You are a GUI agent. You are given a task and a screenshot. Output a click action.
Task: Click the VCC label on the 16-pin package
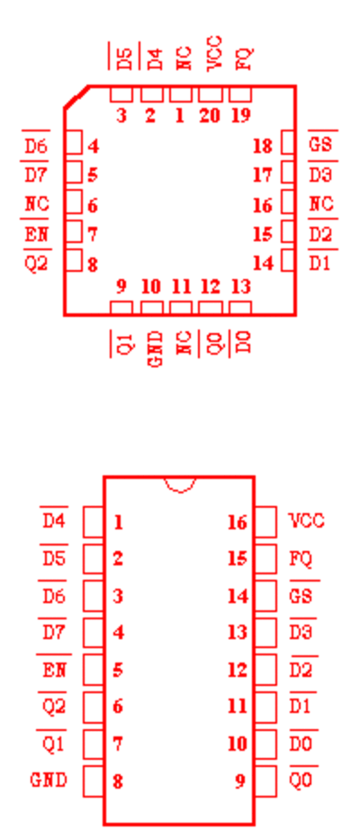pos(307,520)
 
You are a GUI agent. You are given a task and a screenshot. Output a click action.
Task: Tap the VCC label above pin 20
pos(213,53)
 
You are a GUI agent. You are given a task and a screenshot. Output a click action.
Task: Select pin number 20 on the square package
pos(210,115)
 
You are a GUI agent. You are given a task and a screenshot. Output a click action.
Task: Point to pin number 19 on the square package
pos(240,115)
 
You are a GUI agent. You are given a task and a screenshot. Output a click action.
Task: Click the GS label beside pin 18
pos(320,144)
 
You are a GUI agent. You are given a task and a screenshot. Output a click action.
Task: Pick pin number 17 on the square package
pos(262,175)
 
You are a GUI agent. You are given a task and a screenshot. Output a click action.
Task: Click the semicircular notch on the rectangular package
pos(180,483)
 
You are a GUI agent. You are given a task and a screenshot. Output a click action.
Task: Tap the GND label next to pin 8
pos(49,780)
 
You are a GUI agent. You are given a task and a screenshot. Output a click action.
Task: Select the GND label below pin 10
pos(155,348)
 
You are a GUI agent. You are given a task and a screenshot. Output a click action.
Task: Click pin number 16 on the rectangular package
pos(238,522)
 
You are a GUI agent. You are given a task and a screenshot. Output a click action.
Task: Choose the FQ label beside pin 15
pos(301,559)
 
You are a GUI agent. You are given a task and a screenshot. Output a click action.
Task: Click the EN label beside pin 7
pos(37,234)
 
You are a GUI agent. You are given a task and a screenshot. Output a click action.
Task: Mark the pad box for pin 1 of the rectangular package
pos(93,522)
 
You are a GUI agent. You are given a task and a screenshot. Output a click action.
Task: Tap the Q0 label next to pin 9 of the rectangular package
pos(301,780)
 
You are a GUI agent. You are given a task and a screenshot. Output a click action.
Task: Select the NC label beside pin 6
pos(37,203)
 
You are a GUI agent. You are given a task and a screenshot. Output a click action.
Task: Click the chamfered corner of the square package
pos(76,96)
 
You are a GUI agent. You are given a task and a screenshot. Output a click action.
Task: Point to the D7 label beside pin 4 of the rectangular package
pos(54,632)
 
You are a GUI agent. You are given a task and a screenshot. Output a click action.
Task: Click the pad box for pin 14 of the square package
pos(288,260)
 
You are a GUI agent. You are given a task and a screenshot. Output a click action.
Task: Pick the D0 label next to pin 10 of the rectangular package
pos(301,744)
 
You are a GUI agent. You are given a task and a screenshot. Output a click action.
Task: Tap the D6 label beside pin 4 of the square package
pos(36,145)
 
